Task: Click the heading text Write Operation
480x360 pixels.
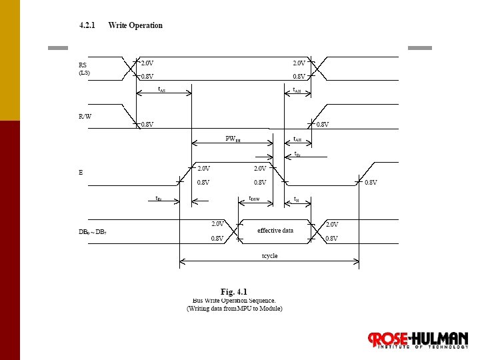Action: (x=135, y=25)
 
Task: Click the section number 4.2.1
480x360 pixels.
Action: (x=87, y=25)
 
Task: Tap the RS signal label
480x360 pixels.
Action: (x=83, y=65)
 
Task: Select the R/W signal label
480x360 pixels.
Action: (x=85, y=116)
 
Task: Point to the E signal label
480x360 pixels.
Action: (x=81, y=173)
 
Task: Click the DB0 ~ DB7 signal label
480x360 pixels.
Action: (x=93, y=231)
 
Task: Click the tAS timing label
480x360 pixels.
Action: (x=162, y=89)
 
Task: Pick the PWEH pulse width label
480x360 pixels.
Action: (x=233, y=139)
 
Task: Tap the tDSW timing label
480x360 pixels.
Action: (x=254, y=198)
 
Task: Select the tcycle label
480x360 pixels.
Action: (x=269, y=256)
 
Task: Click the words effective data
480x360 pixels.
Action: (x=275, y=231)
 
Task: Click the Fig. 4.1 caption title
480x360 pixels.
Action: (x=234, y=291)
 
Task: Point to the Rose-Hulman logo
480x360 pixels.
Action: (x=419, y=340)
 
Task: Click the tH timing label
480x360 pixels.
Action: (x=297, y=199)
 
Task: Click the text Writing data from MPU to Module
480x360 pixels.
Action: (x=235, y=309)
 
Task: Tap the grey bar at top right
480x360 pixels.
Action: (x=419, y=48)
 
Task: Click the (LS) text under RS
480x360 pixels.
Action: (x=84, y=73)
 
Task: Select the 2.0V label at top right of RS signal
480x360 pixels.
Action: (x=299, y=63)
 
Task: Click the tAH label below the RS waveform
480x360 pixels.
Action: (x=297, y=90)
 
